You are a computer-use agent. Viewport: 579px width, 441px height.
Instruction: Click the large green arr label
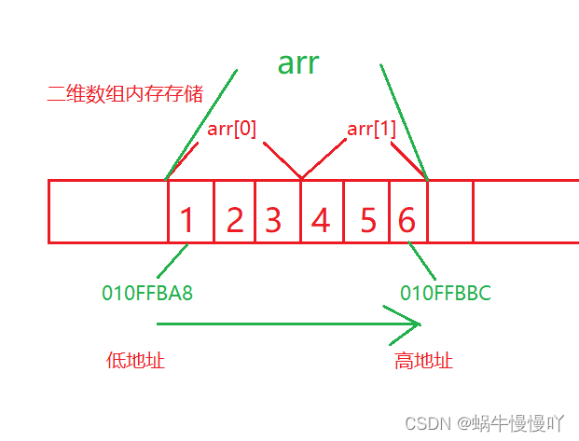pyautogui.click(x=298, y=62)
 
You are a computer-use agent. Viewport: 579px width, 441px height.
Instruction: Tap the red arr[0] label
pyautogui.click(x=232, y=129)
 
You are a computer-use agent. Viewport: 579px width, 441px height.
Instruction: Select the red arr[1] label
pyautogui.click(x=371, y=129)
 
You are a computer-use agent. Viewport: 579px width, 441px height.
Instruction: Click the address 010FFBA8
pyautogui.click(x=147, y=293)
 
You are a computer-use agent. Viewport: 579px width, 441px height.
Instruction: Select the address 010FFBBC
pyautogui.click(x=446, y=293)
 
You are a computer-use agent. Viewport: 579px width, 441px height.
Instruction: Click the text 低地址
pyautogui.click(x=136, y=360)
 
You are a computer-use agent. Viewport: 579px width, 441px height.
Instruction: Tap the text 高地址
pyautogui.click(x=424, y=360)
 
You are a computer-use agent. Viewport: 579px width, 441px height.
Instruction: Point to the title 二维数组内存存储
pyautogui.click(x=125, y=93)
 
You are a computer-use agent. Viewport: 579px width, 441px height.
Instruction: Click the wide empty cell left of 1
pyautogui.click(x=107, y=212)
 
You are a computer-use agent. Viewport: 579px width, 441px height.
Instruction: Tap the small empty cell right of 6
pyautogui.click(x=449, y=212)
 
